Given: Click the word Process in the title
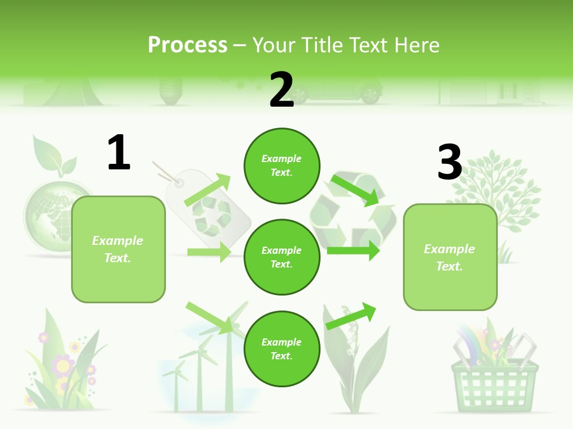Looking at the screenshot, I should pos(187,45).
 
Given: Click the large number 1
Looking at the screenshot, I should pos(119,153).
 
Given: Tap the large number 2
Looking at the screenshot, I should pos(282,90).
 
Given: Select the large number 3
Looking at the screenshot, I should pos(449,162).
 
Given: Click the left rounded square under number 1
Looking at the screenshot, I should pos(118,249).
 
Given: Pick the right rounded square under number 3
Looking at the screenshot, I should pos(450,257).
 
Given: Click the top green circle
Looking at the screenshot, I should pos(282,165).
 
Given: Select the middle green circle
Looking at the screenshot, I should pos(282,257).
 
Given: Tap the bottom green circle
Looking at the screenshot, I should pos(282,349).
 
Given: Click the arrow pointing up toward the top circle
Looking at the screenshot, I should pos(208,190).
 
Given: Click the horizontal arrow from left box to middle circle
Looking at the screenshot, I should pos(209,252).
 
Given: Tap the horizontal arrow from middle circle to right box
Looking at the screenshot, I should pos(353,251).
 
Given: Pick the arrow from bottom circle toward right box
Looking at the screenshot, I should pos(352,316).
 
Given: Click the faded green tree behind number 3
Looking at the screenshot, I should pos(501,191).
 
